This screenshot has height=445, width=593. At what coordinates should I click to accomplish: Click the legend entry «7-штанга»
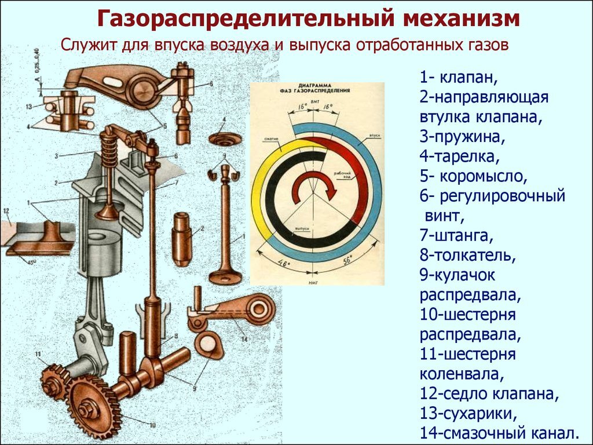pos(457,235)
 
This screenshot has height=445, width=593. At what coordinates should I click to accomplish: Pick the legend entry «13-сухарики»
pos(468,414)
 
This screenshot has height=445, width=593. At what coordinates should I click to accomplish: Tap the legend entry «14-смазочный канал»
pos(499,433)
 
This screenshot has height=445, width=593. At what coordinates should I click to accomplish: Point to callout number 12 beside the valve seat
pos(6,210)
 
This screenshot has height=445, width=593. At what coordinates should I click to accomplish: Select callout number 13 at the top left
pos(28,107)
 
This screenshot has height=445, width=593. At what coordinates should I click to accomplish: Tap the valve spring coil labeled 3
pos(108,151)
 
